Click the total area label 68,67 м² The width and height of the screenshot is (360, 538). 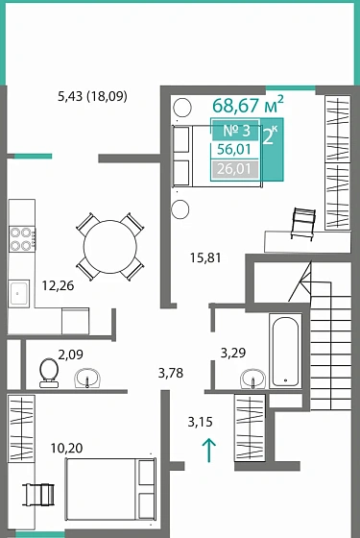point(248,105)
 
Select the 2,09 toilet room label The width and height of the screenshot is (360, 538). point(71,354)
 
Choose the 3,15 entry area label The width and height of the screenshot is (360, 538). point(201,421)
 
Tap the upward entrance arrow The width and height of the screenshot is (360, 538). point(210,448)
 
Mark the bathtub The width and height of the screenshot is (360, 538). point(286,350)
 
